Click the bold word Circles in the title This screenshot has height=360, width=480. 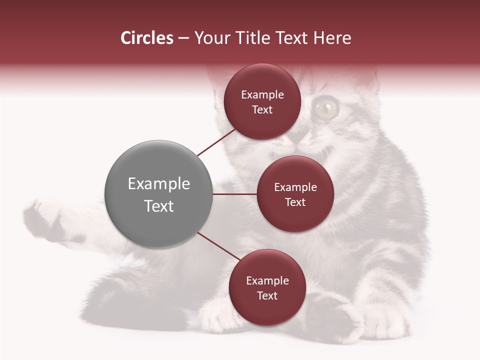146,38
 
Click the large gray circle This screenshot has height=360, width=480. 159,194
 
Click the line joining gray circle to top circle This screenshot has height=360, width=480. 216,142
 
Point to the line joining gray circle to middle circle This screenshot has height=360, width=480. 235,194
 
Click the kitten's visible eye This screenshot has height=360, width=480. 326,107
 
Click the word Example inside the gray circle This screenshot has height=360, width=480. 159,184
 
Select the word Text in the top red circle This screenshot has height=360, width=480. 262,110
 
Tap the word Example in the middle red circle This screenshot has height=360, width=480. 295,187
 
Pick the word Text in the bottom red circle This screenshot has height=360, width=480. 267,296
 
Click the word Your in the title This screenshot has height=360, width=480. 209,38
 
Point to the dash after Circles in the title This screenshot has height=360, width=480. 183,38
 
